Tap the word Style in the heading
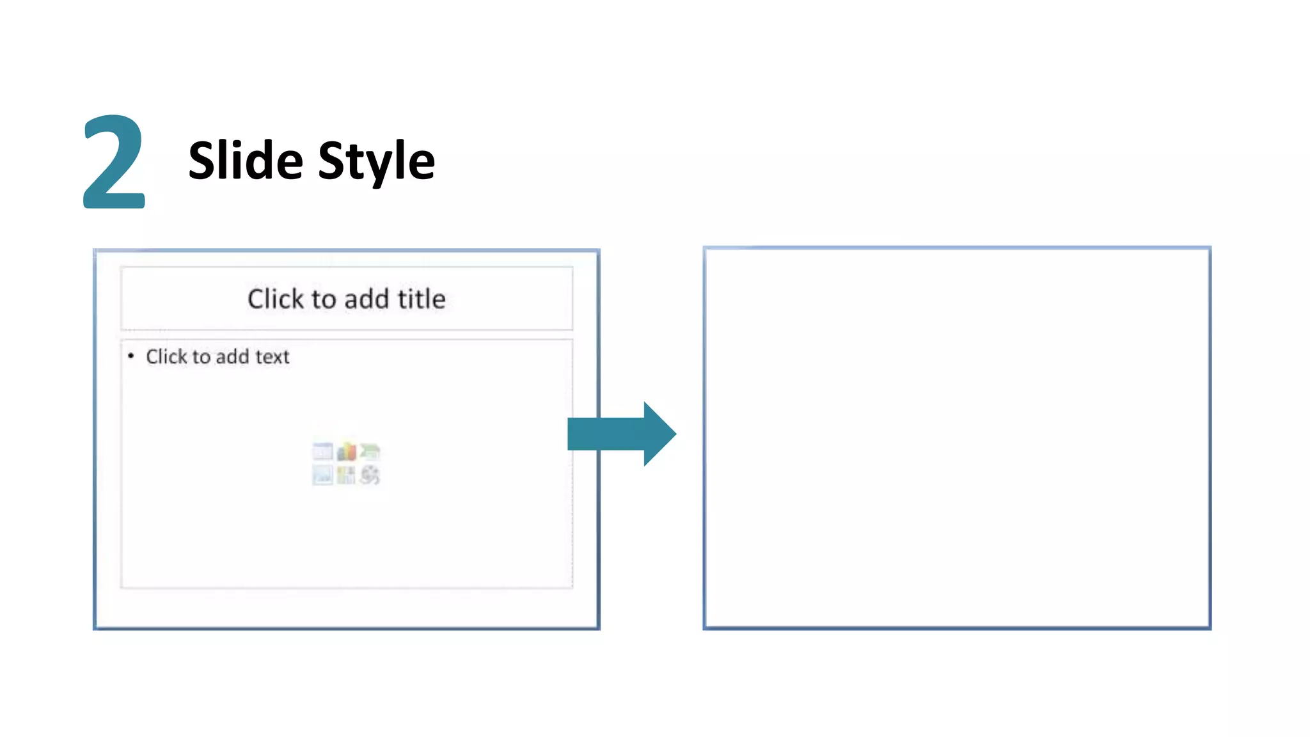376,161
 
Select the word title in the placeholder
422,299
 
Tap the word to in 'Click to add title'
324,299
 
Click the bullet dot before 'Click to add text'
131,356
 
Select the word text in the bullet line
272,356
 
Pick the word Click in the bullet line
166,356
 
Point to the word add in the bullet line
232,356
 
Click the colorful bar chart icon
346,452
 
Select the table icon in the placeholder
322,452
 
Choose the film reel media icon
370,475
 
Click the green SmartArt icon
370,452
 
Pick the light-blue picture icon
322,475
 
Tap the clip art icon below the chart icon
346,475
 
